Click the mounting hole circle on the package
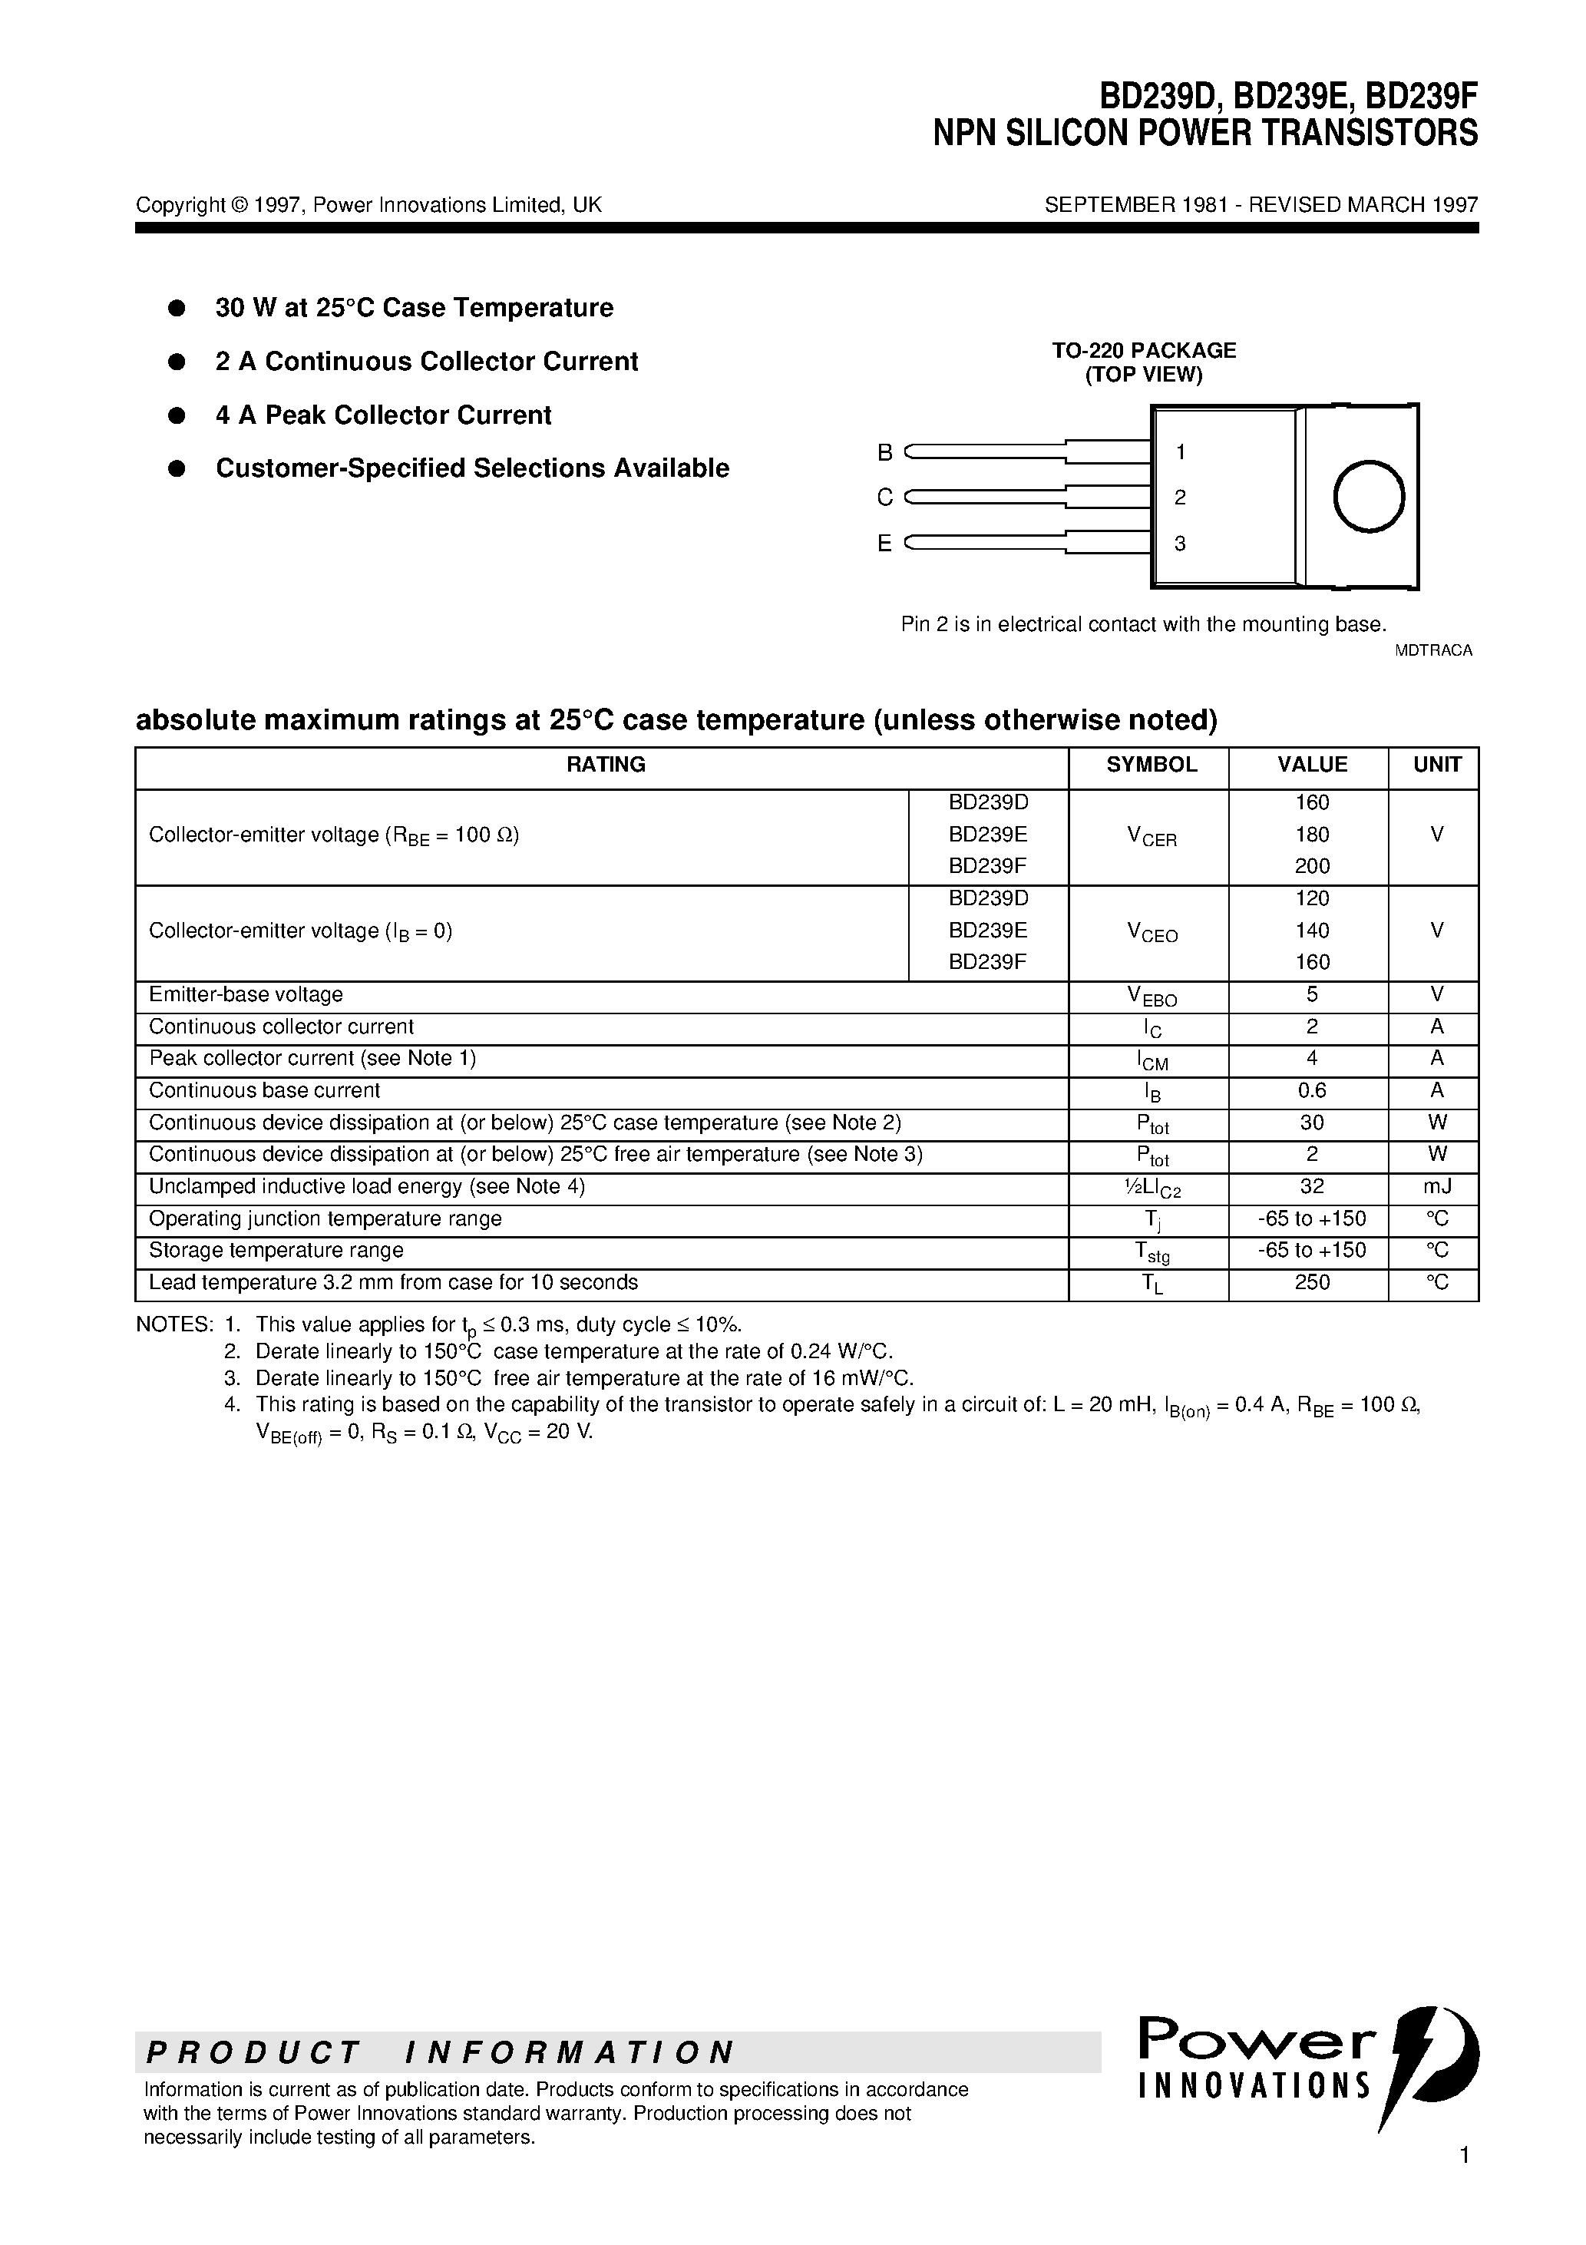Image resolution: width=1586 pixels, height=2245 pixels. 1368,497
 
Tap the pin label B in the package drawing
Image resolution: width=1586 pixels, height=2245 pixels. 885,453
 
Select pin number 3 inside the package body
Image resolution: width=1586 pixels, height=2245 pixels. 1180,544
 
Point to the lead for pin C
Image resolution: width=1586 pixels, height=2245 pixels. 987,498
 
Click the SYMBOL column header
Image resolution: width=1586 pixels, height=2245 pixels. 1151,765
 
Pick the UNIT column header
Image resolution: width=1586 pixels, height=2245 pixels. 1436,765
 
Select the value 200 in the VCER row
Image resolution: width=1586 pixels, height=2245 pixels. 1311,865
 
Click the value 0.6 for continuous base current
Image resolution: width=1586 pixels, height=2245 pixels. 1311,1090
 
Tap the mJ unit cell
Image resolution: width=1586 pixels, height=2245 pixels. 1436,1186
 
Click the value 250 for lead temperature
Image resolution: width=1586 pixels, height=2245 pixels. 1311,1282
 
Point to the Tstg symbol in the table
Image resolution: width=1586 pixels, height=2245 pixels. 1151,1252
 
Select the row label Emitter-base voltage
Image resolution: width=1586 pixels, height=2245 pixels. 246,994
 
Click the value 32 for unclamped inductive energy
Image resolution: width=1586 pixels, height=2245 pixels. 1311,1186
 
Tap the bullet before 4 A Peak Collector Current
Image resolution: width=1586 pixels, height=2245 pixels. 177,415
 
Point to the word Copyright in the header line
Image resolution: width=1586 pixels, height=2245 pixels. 180,205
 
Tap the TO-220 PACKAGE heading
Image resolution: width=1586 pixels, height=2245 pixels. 1143,350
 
